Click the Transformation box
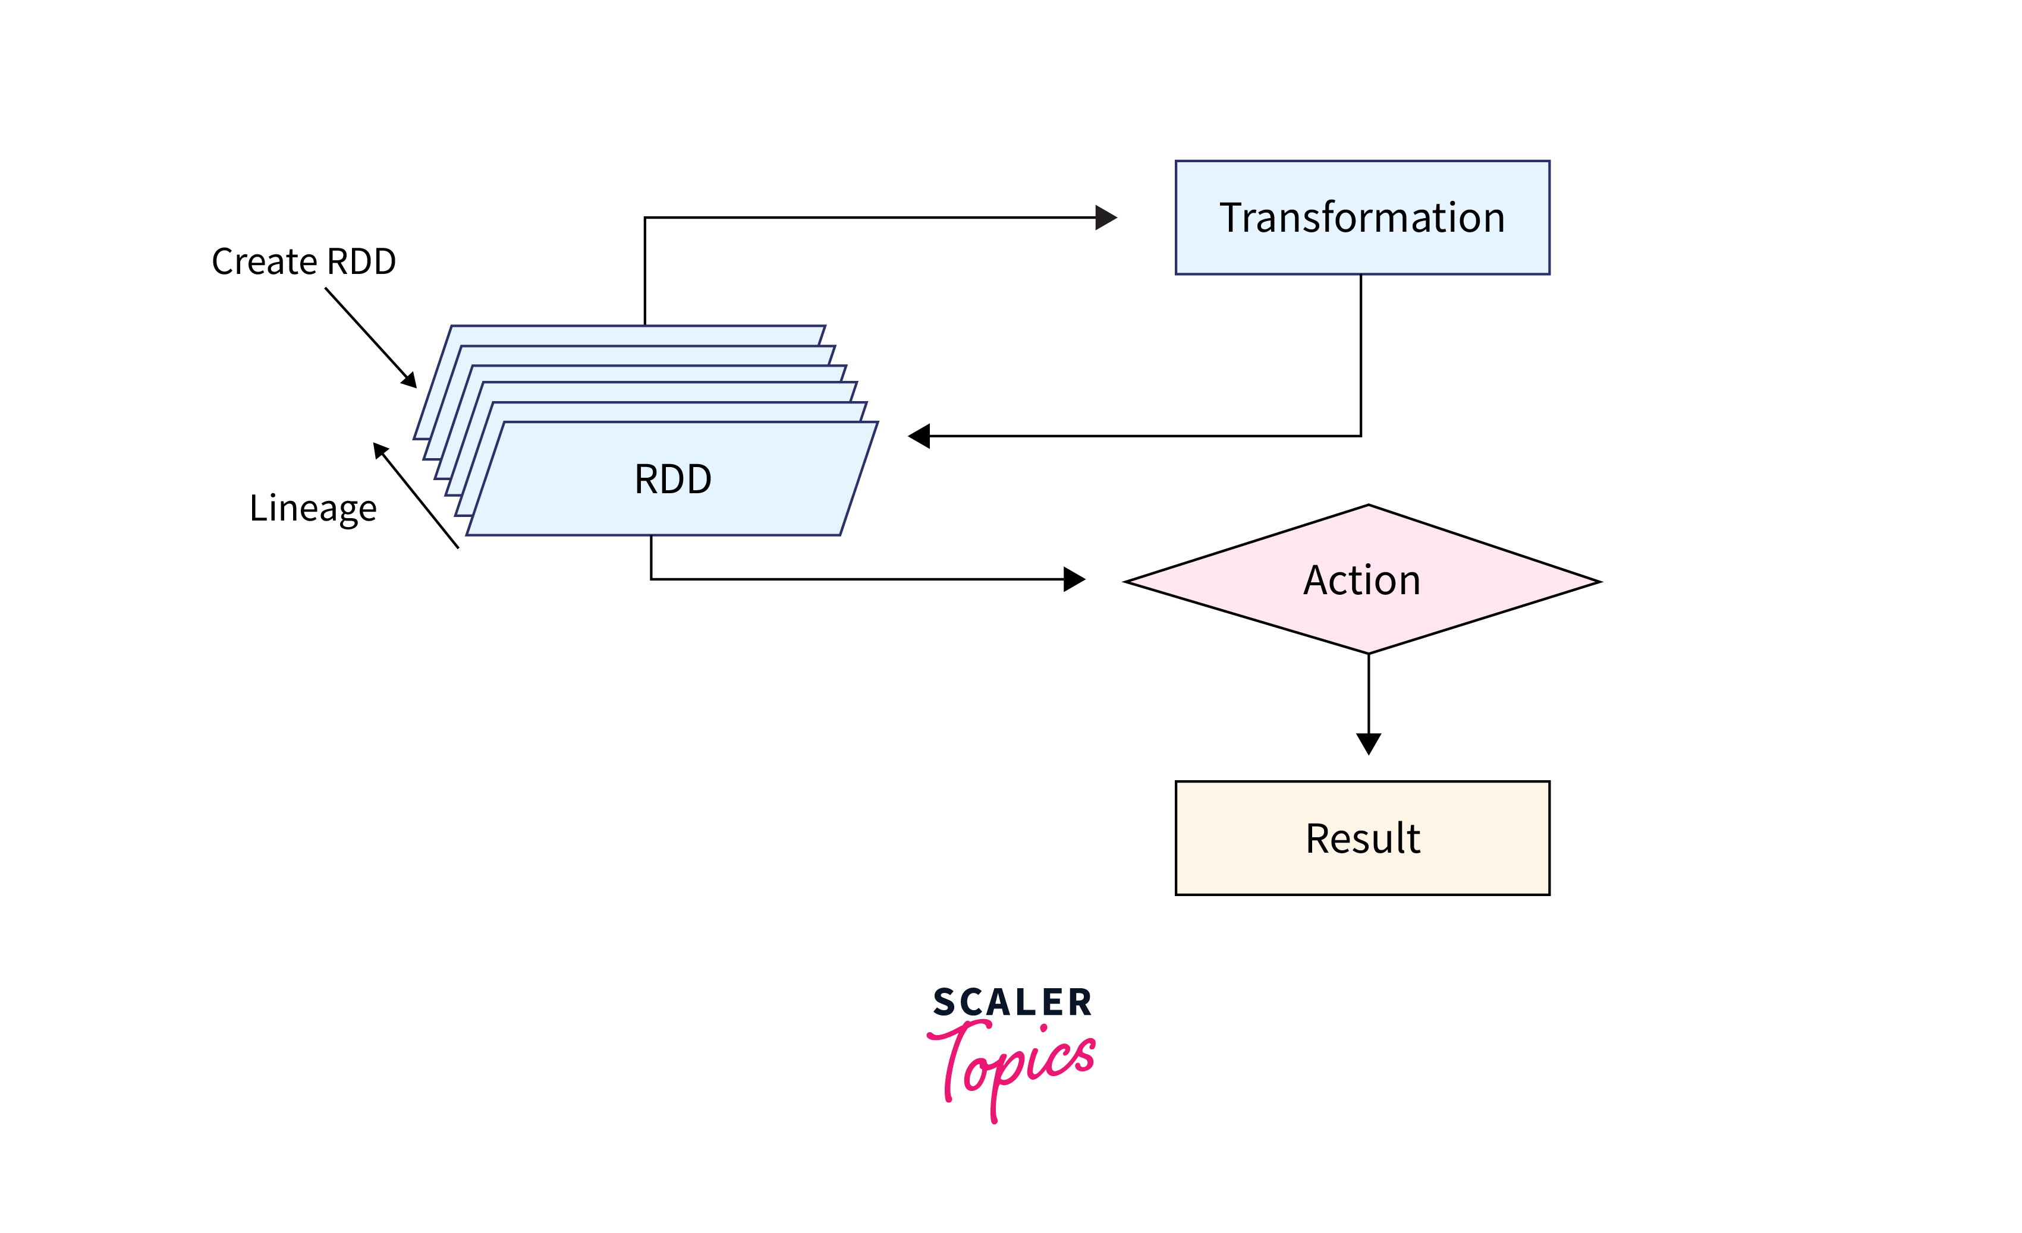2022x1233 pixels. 1362,246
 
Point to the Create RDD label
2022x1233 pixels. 304,261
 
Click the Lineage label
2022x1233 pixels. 313,509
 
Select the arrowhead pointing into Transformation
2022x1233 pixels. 1106,217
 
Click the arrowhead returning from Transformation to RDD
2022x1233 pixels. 919,436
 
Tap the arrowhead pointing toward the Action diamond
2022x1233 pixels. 1074,579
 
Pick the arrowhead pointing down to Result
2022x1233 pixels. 1368,743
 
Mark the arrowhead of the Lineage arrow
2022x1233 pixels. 380,450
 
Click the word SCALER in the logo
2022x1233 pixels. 1012,1002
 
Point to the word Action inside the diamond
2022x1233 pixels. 1361,581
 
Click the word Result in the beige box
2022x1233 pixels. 1362,838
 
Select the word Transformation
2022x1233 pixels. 1362,217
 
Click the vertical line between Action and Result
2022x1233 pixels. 1368,693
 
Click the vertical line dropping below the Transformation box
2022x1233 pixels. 1360,353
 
